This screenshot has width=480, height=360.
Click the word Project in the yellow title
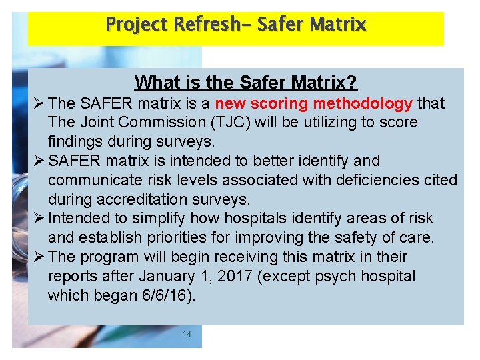click(x=137, y=25)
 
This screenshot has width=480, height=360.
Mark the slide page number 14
click(x=187, y=334)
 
